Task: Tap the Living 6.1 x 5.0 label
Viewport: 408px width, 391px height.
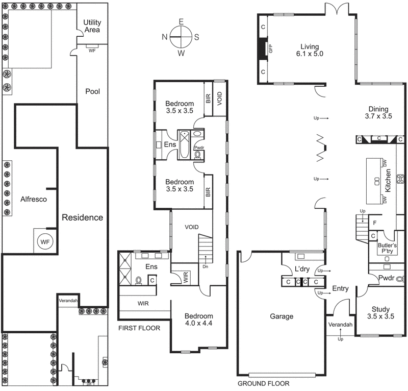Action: [312, 49]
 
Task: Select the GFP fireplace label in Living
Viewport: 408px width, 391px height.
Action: [271, 49]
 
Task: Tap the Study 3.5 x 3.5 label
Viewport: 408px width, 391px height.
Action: [380, 312]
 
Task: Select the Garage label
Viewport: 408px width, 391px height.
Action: [282, 316]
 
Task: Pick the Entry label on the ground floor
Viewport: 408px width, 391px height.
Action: [340, 289]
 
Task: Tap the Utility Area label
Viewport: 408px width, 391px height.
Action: [92, 27]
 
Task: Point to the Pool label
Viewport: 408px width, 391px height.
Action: [92, 92]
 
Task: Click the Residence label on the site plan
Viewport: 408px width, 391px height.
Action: [82, 217]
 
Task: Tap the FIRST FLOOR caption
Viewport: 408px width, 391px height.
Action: [139, 328]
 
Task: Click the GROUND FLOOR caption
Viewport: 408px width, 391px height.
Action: [263, 383]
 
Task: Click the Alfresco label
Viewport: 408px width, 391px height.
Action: [33, 200]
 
